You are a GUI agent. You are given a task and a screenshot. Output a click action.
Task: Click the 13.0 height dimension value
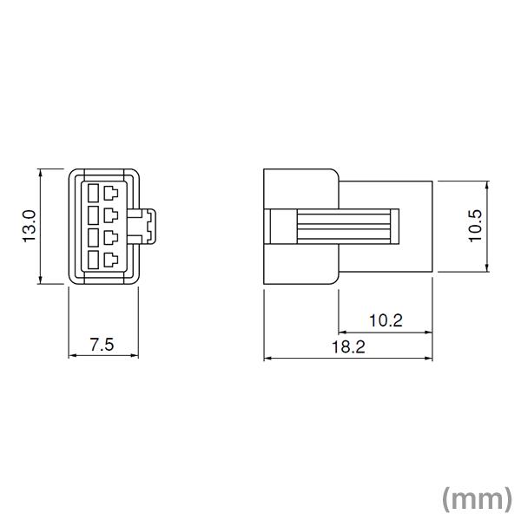tap(29, 227)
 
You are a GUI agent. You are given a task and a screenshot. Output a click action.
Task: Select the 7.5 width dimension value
tap(102, 344)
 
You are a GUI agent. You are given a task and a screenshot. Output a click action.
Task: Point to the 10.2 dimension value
tap(386, 320)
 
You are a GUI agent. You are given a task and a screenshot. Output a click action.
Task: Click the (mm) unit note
tap(476, 498)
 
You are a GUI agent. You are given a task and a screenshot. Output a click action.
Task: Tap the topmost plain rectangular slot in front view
tap(92, 191)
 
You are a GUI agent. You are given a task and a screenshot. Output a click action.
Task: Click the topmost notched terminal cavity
tap(111, 191)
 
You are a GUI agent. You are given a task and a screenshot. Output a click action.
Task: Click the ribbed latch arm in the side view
tap(347, 226)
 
